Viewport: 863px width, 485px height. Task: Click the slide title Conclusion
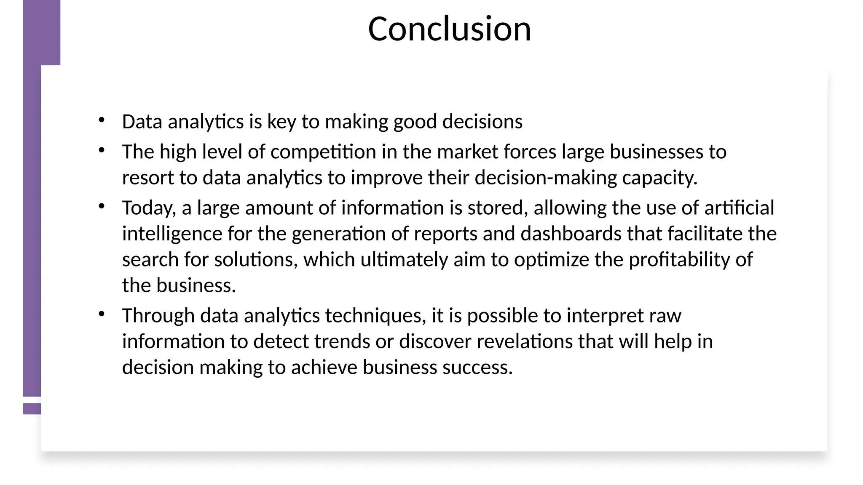(x=449, y=29)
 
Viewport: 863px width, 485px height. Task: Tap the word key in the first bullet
(x=281, y=122)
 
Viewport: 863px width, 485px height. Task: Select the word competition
(x=323, y=152)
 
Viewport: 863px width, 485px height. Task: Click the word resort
(x=148, y=178)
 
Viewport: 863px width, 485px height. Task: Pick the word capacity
(x=659, y=178)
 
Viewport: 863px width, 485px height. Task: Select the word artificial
(x=739, y=208)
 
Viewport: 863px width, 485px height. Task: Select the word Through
(x=158, y=316)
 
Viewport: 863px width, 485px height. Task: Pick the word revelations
(x=524, y=341)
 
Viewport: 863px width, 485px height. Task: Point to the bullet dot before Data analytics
(x=101, y=120)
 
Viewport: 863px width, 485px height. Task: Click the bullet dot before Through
(x=101, y=314)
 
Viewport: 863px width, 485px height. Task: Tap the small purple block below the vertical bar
(x=32, y=409)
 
